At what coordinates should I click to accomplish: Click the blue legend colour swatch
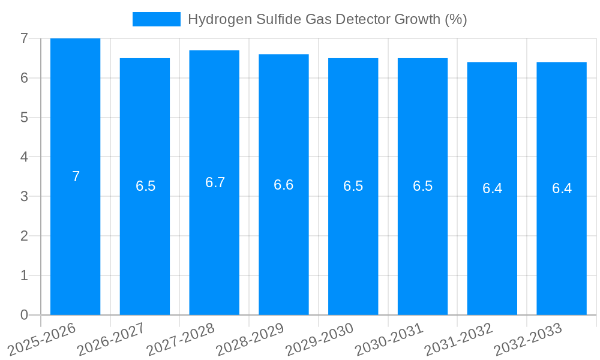point(156,19)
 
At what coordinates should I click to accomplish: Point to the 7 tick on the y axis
point(24,38)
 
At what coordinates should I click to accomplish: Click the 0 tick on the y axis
point(24,315)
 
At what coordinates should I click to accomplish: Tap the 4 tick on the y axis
point(24,157)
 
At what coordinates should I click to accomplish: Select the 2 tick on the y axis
point(24,236)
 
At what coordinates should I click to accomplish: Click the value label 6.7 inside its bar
point(215,182)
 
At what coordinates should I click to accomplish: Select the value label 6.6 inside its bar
point(284,185)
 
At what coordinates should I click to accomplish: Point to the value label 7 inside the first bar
point(76,176)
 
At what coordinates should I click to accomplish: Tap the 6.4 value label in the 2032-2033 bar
point(562,188)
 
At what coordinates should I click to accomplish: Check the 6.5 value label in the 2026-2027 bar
point(145,186)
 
